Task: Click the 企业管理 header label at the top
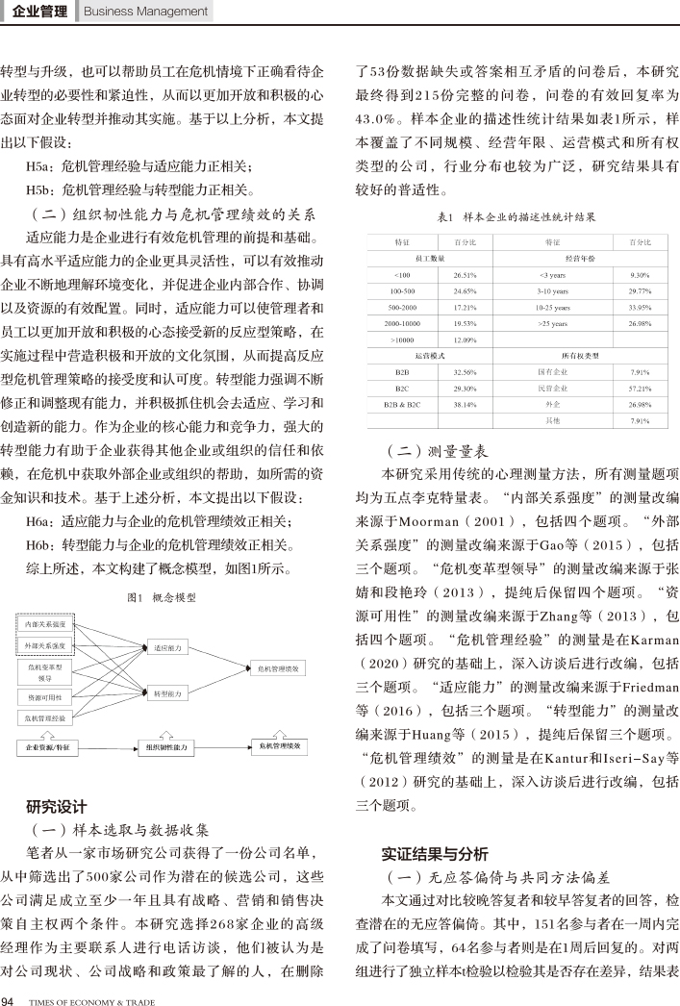click(x=40, y=12)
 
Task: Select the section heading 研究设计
click(x=57, y=805)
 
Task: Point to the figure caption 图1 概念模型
click(x=162, y=597)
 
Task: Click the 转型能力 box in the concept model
click(x=167, y=693)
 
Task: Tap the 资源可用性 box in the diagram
click(x=45, y=696)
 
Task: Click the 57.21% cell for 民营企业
click(x=639, y=388)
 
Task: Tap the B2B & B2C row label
click(x=402, y=404)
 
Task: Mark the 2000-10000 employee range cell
click(x=402, y=323)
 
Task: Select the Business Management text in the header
click(x=146, y=12)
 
